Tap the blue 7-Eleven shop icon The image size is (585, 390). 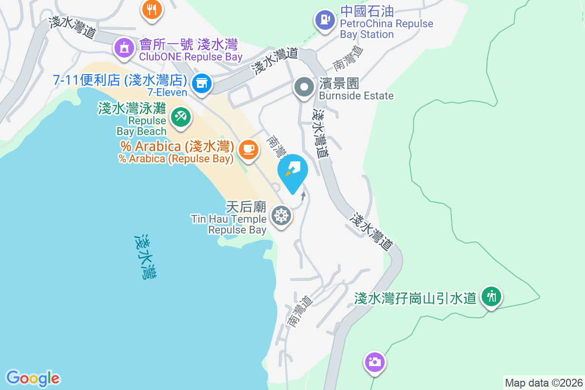201,83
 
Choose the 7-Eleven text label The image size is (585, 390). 167,93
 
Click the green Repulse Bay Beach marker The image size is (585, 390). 181,117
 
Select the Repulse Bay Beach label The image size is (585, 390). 141,125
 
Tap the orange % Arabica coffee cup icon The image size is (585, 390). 249,148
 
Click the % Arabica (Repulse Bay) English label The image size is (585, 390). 175,158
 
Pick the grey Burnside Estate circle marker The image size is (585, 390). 305,88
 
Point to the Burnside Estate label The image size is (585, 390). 356,96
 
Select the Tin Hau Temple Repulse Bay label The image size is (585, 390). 229,224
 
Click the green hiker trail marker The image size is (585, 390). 491,296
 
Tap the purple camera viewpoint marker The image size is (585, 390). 374,362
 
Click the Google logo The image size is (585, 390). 33,378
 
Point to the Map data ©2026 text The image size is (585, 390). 544,383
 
